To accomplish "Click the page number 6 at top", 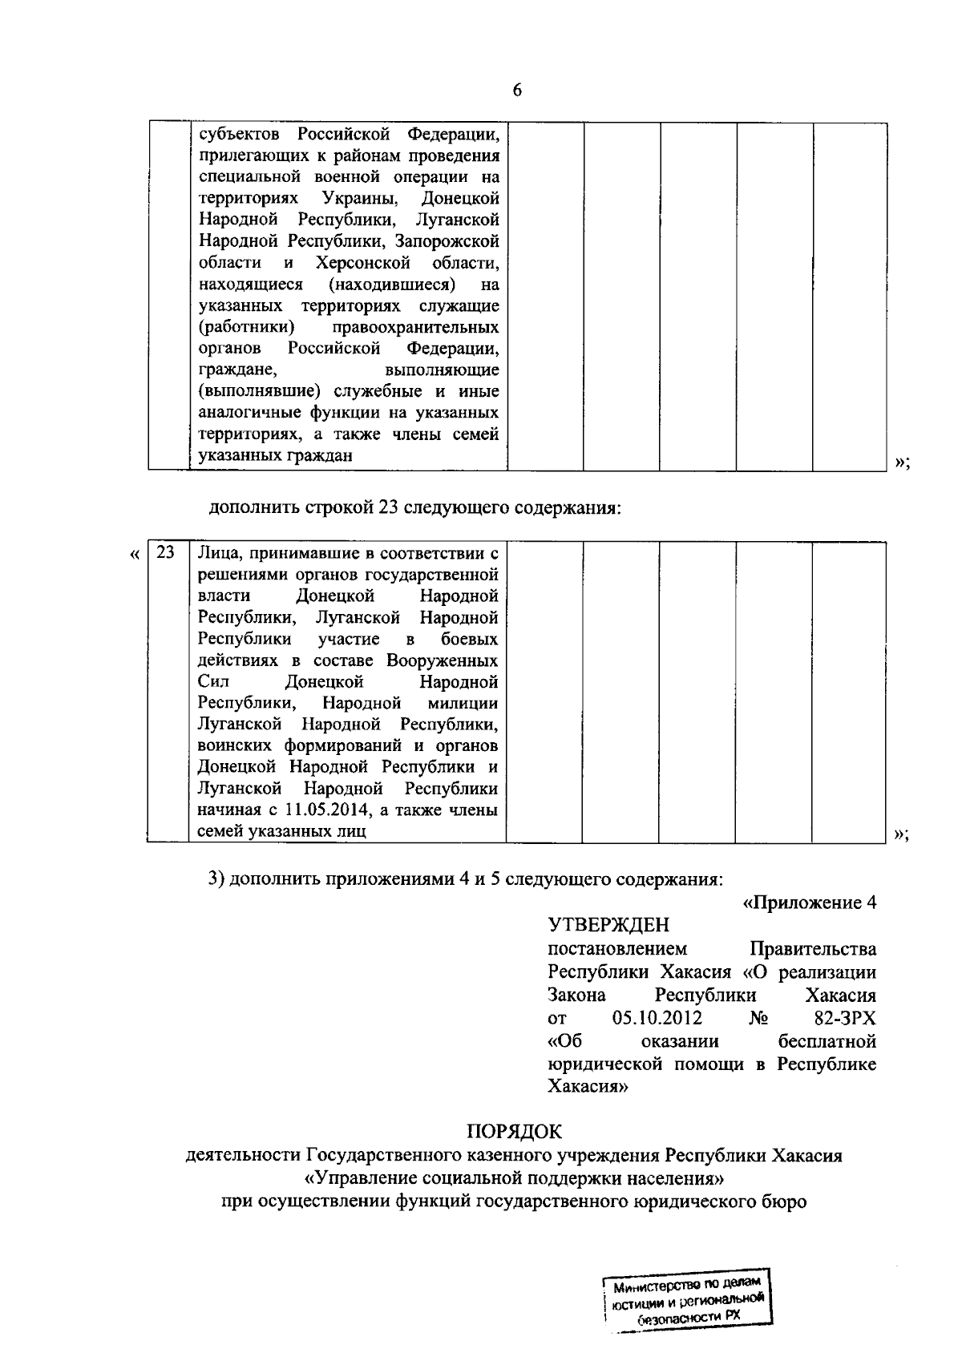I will [x=516, y=91].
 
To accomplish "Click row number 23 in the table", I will [x=165, y=552].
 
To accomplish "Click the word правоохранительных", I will [x=426, y=327].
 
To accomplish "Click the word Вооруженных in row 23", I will [x=442, y=660].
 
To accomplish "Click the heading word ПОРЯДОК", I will [x=515, y=1131].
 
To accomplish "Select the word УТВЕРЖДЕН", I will [x=608, y=926].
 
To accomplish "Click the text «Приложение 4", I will [x=810, y=903].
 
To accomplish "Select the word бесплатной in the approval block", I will [x=827, y=1041].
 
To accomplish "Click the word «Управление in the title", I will [x=356, y=1178].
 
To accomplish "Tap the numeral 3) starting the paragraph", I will [x=215, y=878].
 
